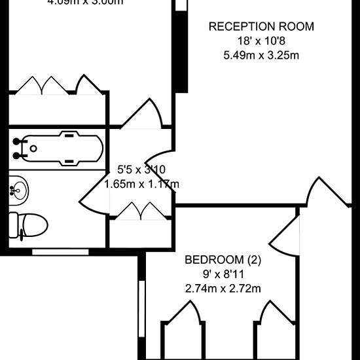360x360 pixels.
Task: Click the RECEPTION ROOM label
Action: point(261,27)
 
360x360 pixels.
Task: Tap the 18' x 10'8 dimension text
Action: point(261,41)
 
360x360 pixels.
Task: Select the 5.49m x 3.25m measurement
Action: point(261,54)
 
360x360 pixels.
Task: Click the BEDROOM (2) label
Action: point(223,260)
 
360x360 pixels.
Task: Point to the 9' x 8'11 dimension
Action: point(223,274)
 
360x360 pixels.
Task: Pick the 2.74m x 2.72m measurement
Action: point(223,287)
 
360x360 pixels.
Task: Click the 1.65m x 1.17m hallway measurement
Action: point(141,185)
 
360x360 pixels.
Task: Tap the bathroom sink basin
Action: point(20,190)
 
